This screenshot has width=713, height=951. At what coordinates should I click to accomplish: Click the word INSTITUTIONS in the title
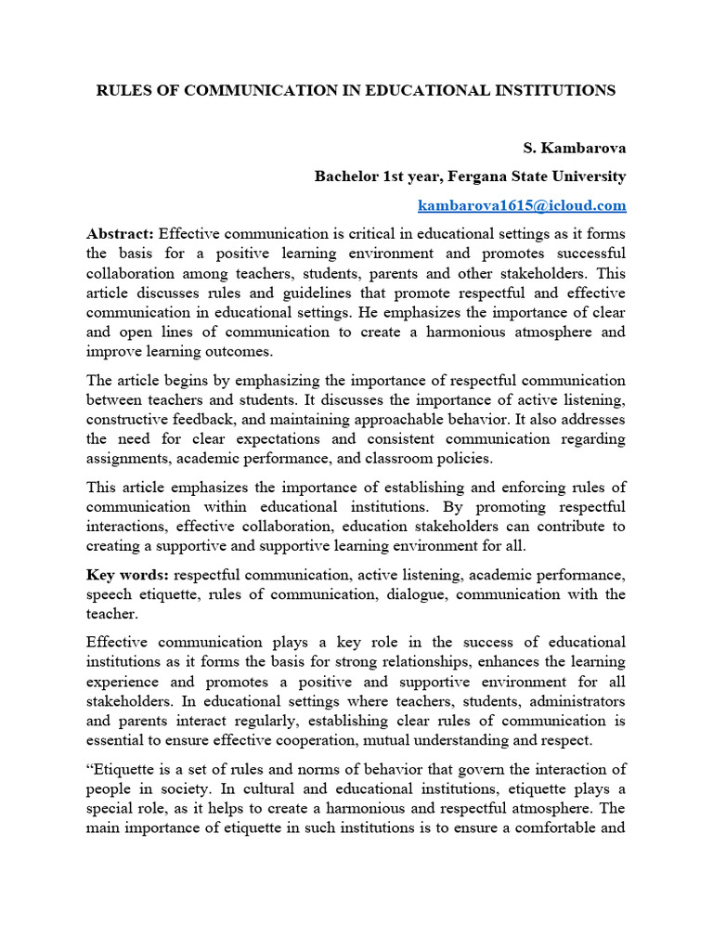[x=551, y=90]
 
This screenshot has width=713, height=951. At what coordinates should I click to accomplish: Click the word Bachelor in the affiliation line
[x=346, y=176]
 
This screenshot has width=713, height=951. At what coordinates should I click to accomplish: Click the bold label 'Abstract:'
[x=121, y=233]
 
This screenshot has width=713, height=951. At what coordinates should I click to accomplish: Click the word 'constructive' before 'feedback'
[x=126, y=419]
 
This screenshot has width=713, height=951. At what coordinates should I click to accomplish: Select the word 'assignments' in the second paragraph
[x=125, y=458]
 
